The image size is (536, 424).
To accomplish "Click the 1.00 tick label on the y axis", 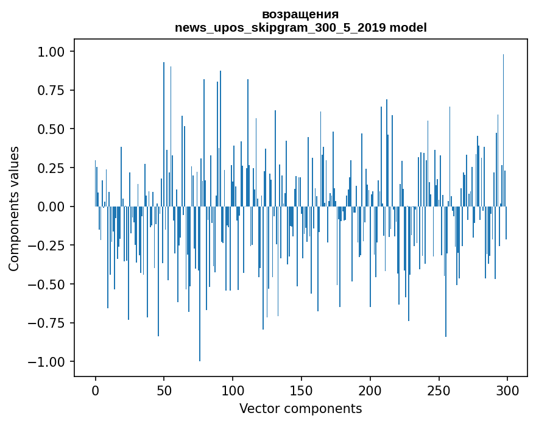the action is [x=51, y=52].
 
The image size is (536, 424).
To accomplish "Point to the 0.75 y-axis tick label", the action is [x=51, y=90].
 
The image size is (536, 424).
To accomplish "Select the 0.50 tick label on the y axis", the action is [x=51, y=129].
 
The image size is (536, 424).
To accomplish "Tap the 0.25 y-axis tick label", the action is [x=51, y=168].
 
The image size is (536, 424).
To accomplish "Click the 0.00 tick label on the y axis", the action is [x=51, y=207].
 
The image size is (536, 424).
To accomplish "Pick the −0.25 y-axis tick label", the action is [x=46, y=245].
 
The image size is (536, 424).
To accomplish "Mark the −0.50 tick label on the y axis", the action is [x=46, y=284].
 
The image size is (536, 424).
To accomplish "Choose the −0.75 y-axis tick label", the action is [x=46, y=323].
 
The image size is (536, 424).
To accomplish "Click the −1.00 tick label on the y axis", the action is [x=46, y=362].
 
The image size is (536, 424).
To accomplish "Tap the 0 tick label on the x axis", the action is [x=96, y=390].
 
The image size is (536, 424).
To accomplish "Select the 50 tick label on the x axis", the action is [x=164, y=390].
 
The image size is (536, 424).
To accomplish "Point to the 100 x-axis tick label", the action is [x=233, y=390].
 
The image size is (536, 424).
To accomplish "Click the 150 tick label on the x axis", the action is [x=301, y=390].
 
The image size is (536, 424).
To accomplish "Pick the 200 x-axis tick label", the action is [x=370, y=390].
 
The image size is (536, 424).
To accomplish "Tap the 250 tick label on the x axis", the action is [x=439, y=390].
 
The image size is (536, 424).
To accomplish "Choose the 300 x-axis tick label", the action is [x=507, y=390].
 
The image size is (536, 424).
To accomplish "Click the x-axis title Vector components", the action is [x=300, y=409].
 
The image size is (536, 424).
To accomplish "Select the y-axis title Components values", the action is [x=13, y=208].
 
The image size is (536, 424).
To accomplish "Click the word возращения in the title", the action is [x=300, y=15].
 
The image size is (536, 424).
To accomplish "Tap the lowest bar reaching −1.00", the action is [x=200, y=283].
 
